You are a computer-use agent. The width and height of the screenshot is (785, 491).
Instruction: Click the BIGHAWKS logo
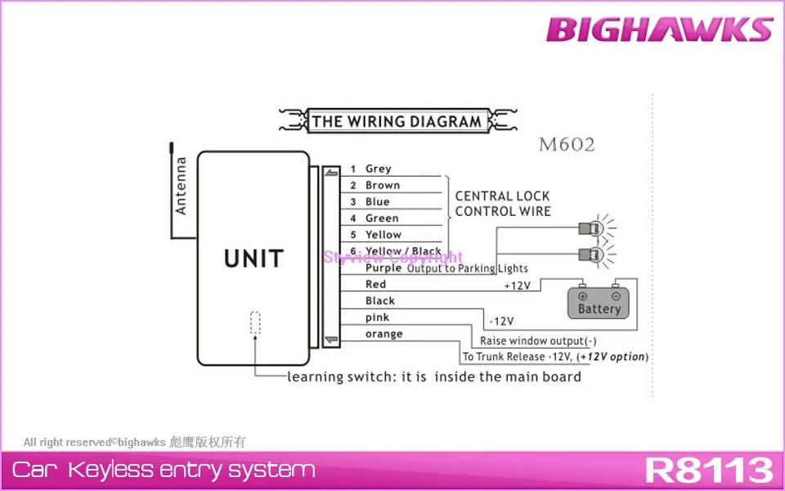click(659, 29)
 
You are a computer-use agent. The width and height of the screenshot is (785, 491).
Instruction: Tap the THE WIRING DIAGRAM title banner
click(397, 122)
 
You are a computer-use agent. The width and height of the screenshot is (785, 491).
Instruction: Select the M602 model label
click(566, 146)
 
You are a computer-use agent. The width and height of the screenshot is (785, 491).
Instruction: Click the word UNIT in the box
click(253, 259)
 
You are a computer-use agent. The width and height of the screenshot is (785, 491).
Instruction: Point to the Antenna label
click(181, 186)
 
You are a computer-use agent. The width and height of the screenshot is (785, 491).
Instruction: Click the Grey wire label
click(378, 169)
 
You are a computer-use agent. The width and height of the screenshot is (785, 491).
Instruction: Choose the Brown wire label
click(382, 186)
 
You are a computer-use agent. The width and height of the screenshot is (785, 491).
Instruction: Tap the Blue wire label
click(377, 202)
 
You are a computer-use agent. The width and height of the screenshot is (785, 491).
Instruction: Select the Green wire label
click(382, 218)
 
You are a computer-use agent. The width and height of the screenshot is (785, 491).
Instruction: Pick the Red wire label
click(375, 284)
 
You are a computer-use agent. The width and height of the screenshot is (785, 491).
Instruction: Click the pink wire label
click(377, 318)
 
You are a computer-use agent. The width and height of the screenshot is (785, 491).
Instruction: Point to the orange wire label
click(384, 334)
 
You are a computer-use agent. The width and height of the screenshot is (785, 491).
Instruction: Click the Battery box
click(599, 303)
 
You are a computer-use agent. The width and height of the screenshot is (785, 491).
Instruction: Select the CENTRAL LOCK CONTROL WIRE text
click(502, 204)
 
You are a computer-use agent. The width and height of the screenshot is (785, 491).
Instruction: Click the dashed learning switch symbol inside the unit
click(255, 323)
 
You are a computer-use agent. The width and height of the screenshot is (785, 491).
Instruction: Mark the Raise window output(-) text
click(532, 340)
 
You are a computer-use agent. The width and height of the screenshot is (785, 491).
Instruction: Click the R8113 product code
click(708, 471)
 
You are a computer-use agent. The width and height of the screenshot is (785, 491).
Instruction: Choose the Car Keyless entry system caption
click(164, 470)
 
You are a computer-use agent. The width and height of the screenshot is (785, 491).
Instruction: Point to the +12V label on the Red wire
click(517, 286)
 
